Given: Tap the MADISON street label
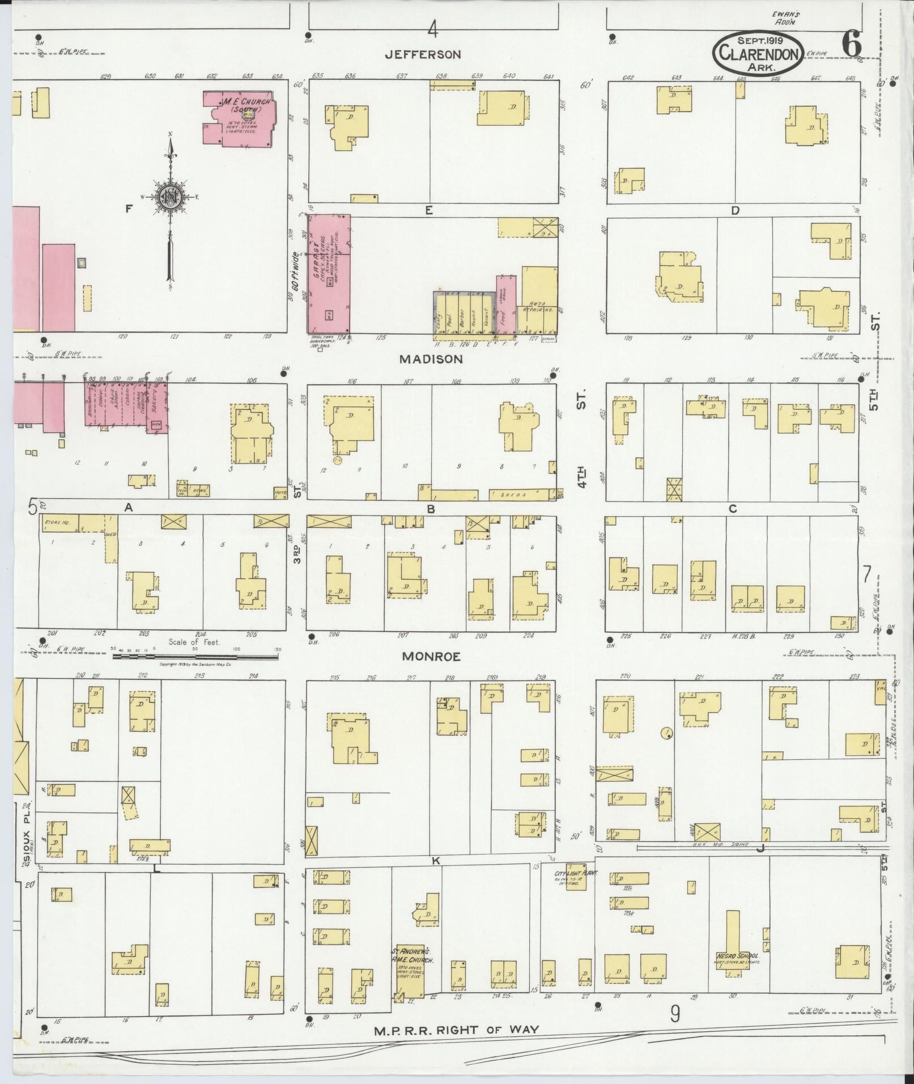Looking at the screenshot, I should (431, 359).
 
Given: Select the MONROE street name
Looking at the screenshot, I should (431, 657).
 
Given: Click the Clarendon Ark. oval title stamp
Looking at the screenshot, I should (758, 52).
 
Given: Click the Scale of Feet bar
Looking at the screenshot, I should (195, 657).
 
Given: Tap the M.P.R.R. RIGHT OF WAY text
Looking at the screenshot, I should (457, 1030).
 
